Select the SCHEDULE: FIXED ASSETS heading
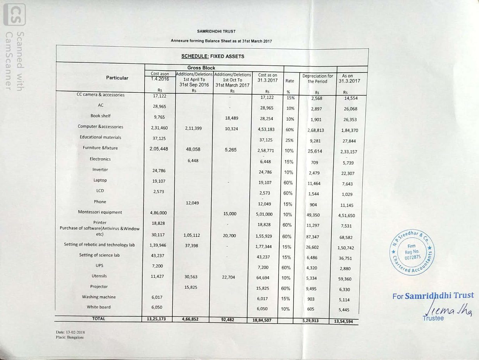point(213,56)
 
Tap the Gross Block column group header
point(201,68)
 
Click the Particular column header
point(117,78)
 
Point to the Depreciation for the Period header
point(317,79)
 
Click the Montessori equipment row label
point(100,212)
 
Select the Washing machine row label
point(99,297)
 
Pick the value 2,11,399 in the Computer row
point(193,128)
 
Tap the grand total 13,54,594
point(343,322)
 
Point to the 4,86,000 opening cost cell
point(159,213)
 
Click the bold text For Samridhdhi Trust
point(433,296)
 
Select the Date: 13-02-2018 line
point(71,332)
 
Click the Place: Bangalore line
point(70,337)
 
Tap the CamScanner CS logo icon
point(14,14)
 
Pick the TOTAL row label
point(98,319)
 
